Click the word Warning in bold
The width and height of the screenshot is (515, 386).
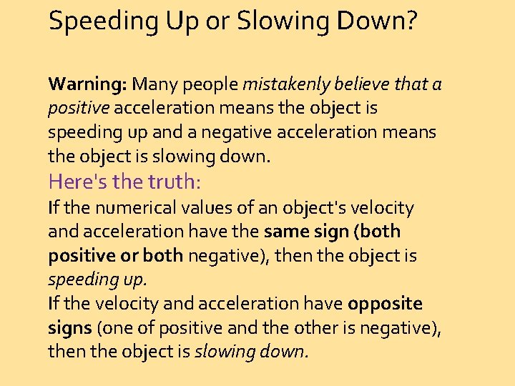click(x=87, y=84)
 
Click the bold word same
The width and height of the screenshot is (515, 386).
click(x=287, y=232)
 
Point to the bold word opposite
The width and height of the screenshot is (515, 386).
click(x=386, y=304)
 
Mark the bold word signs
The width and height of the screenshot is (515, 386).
click(x=69, y=328)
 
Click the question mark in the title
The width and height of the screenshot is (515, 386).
click(x=411, y=21)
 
